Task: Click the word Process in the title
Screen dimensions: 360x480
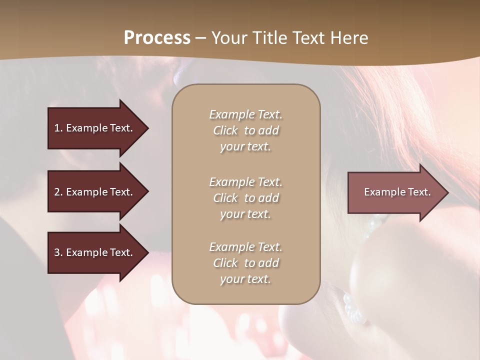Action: [x=157, y=38]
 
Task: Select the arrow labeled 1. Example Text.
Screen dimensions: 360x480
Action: [x=95, y=128]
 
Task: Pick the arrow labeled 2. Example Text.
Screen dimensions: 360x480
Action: [x=95, y=192]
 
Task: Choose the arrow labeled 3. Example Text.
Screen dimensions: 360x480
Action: [x=95, y=252]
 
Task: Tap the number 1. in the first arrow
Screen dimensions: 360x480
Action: [x=58, y=128]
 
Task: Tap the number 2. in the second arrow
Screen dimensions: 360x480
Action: [x=58, y=192]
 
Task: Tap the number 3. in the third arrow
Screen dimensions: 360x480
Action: [x=58, y=252]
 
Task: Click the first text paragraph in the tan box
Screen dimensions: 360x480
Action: [x=245, y=130]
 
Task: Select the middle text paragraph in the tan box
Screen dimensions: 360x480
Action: [x=245, y=197]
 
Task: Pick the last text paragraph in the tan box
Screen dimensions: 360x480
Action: [x=245, y=263]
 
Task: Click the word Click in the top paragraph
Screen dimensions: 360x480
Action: [x=225, y=130]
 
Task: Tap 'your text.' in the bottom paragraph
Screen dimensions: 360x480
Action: [x=245, y=279]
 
